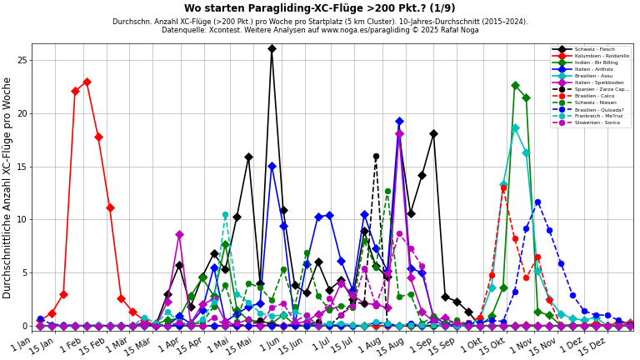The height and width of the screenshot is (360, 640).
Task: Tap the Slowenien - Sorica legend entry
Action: [x=598, y=122]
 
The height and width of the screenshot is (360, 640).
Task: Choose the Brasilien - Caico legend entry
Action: [x=596, y=96]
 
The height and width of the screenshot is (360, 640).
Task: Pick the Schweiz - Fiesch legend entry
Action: [x=595, y=49]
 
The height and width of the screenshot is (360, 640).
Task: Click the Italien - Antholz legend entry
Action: [x=595, y=69]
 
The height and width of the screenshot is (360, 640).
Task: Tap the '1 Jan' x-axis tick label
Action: [x=21, y=344]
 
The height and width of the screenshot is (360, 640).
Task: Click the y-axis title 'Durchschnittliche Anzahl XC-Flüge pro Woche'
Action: [x=8, y=187]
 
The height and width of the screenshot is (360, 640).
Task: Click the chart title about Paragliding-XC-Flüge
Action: [x=320, y=8]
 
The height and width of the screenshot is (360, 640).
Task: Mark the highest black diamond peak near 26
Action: [x=272, y=48]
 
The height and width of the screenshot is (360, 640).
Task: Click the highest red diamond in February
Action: [x=87, y=82]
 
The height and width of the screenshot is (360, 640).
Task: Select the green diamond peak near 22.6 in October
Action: [x=515, y=85]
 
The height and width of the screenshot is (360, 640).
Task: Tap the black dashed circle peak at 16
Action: [x=376, y=156]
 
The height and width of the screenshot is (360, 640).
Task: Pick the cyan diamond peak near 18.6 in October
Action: [x=515, y=128]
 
